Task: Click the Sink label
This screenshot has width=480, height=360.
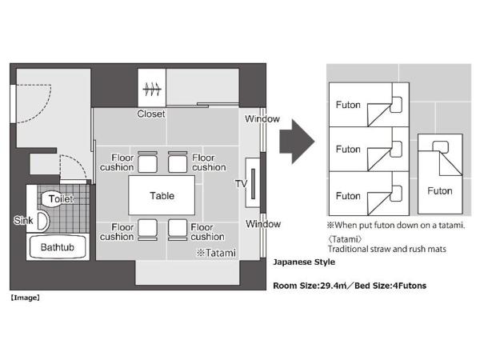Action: click(x=23, y=220)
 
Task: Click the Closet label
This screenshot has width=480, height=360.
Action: click(x=150, y=114)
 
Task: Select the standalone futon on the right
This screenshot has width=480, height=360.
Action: click(x=439, y=178)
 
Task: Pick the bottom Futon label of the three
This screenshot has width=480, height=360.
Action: click(x=348, y=196)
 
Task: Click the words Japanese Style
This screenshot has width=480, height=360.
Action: click(x=304, y=262)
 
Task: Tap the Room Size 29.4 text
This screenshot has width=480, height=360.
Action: click(x=318, y=285)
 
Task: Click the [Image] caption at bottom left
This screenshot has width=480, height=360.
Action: click(x=25, y=298)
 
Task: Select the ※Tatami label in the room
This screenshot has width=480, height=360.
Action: click(x=216, y=253)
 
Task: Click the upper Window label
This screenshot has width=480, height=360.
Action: click(x=262, y=119)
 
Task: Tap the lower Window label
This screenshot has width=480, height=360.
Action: click(x=262, y=224)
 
